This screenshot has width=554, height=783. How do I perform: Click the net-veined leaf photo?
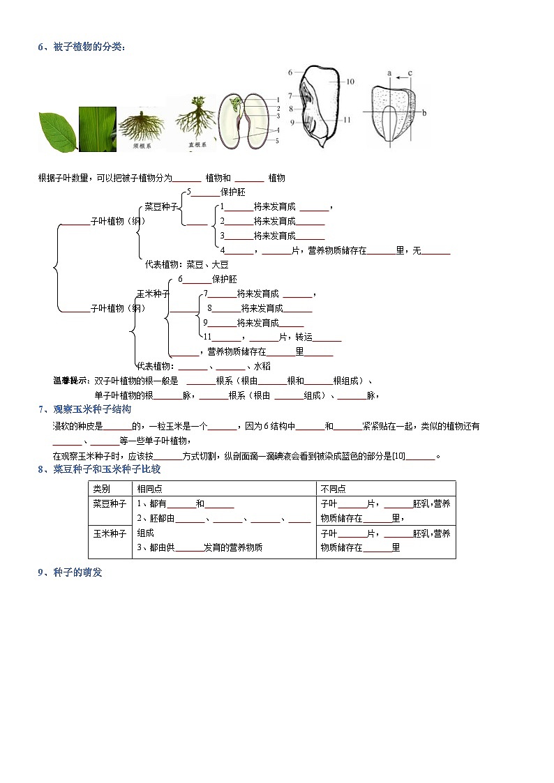coord(58,132)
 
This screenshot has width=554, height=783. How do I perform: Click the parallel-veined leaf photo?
coord(98,129)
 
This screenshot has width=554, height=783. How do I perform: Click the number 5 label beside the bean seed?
coord(277,140)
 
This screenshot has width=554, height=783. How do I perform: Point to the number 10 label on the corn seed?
coord(350,82)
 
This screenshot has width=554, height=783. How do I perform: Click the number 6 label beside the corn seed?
coord(290,72)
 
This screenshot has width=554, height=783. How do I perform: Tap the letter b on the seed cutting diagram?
coord(424,112)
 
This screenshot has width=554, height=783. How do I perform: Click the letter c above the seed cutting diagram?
coord(410,73)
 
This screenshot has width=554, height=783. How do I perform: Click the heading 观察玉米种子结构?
coord(92,409)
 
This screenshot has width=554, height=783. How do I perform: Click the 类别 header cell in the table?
coord(102,489)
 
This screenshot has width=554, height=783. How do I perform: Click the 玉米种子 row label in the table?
coord(110,533)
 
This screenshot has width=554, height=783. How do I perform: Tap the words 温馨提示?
coord(72,381)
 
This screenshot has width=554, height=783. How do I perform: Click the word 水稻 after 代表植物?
coord(262,366)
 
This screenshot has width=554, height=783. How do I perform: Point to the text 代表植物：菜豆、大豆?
coord(186,264)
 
